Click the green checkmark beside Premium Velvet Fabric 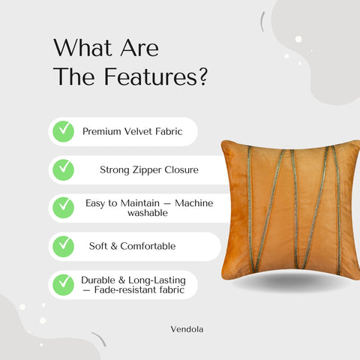click(62, 131)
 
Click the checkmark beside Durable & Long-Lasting click(62, 284)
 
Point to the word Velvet click(143, 131)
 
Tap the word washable click(146, 213)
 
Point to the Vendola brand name click(187, 327)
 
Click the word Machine click(193, 202)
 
